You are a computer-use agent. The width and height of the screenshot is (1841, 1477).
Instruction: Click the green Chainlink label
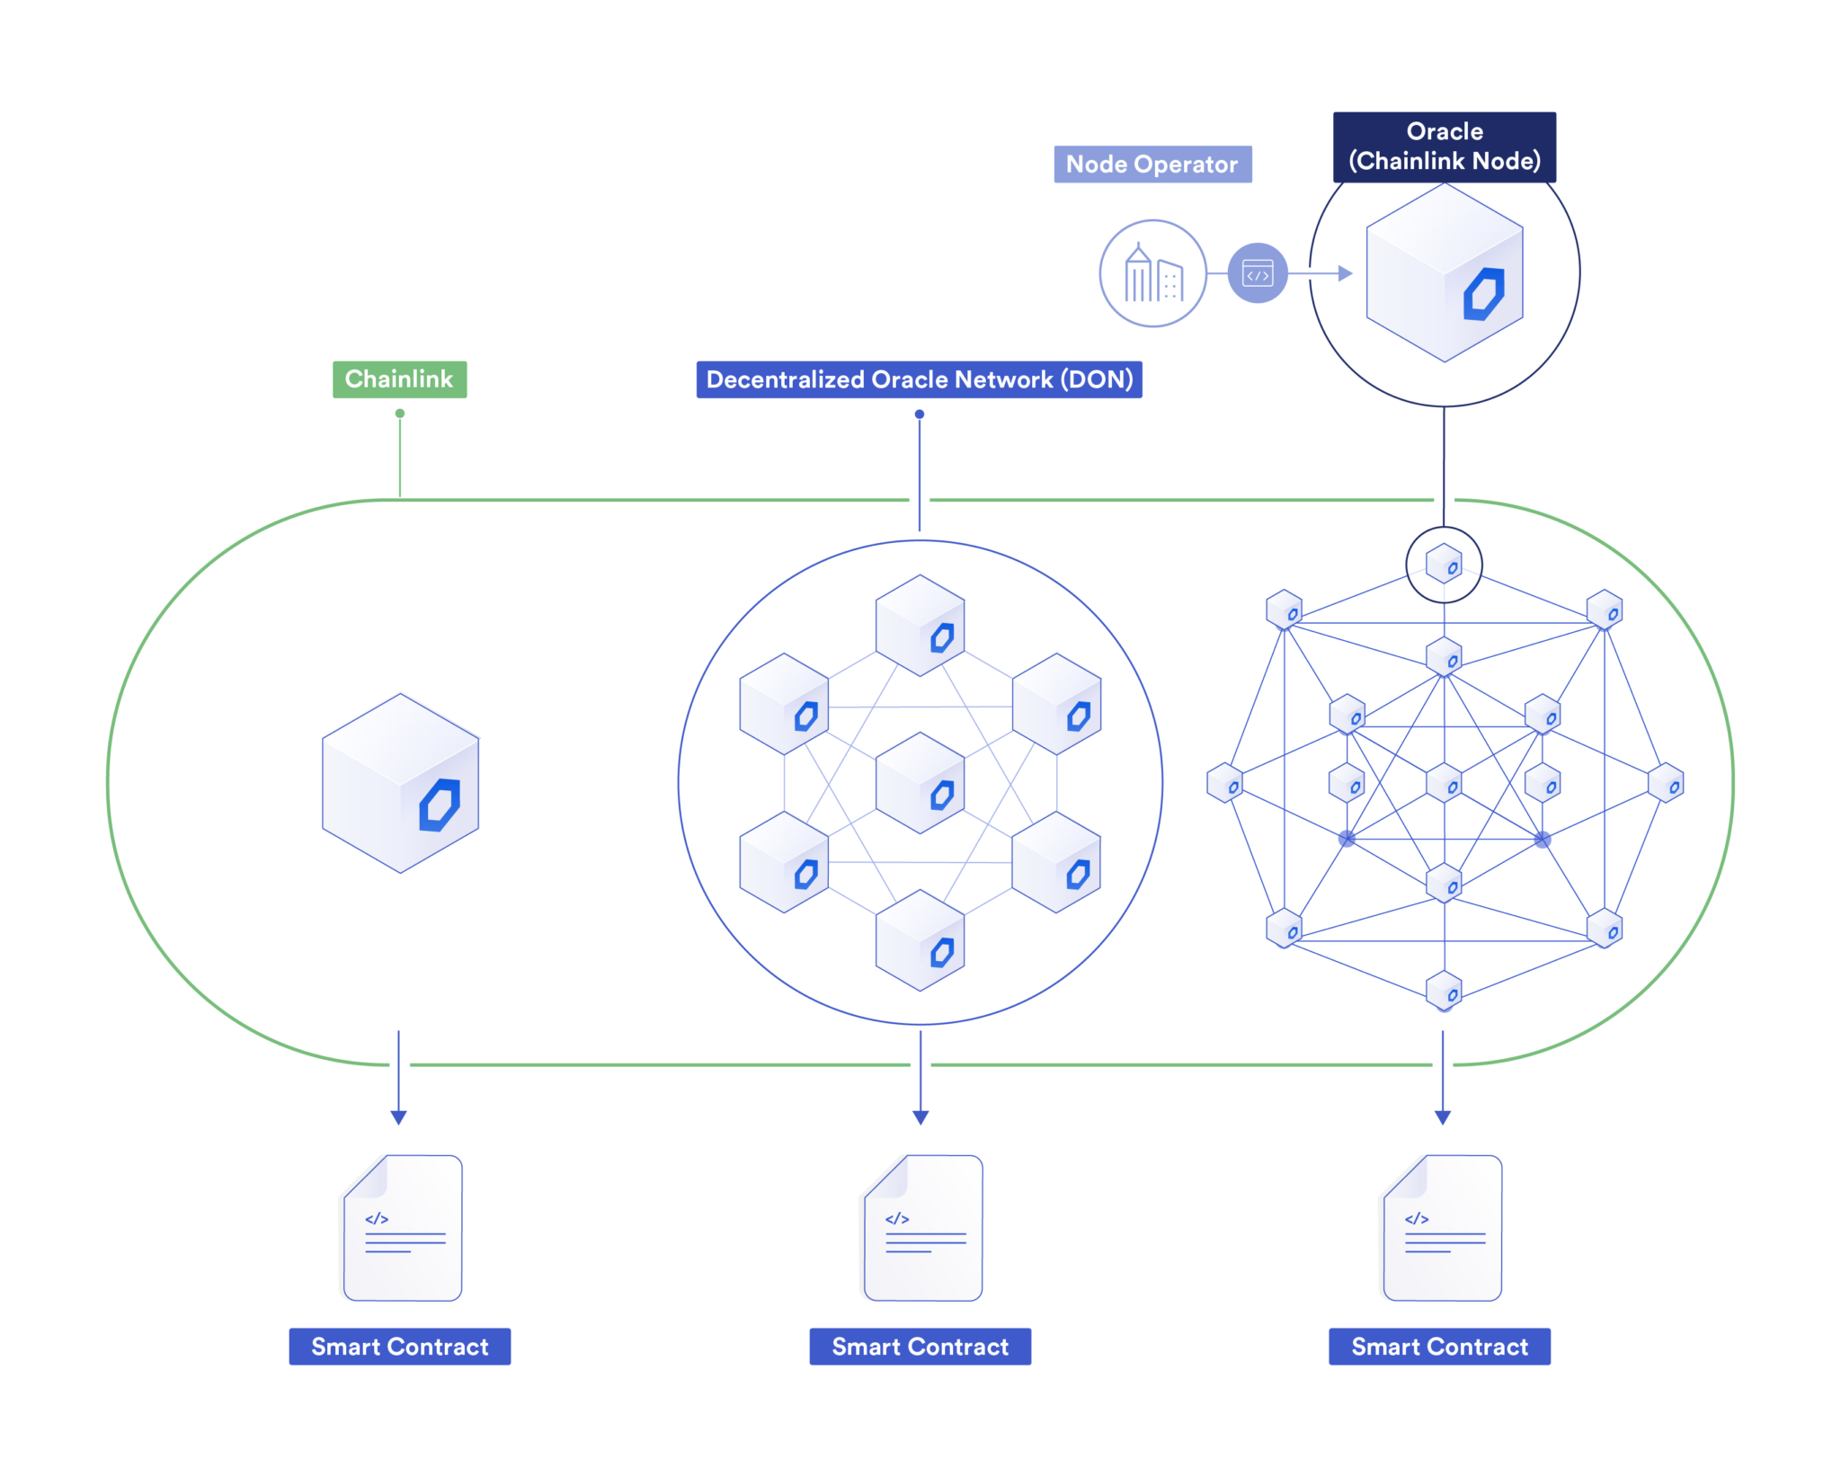[399, 379]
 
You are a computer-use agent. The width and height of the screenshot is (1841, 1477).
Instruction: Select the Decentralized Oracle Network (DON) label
[919, 379]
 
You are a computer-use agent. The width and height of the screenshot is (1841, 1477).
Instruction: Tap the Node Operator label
[1152, 165]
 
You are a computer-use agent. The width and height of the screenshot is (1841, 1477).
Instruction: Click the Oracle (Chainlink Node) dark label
[1444, 147]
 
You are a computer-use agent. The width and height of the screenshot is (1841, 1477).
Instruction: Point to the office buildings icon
[1152, 273]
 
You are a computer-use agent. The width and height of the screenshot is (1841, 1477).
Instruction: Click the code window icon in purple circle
[1257, 273]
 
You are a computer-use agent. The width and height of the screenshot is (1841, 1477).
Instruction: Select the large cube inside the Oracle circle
[1444, 272]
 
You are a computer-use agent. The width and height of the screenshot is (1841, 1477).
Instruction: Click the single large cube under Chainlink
[400, 783]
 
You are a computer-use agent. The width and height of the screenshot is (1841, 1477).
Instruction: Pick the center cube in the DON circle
[920, 783]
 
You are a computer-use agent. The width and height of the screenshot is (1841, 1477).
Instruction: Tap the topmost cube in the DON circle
[920, 626]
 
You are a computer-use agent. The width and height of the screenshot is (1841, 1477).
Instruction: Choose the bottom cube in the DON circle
[920, 940]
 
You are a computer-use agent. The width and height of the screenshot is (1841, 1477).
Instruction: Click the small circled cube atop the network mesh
[1444, 565]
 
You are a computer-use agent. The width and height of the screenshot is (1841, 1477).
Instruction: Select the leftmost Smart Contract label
[399, 1346]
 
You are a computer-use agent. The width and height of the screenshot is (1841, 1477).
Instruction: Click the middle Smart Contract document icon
[923, 1228]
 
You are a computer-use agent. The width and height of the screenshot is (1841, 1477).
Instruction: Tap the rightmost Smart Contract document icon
[1442, 1228]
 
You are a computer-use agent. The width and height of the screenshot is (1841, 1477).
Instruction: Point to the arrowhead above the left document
[399, 1117]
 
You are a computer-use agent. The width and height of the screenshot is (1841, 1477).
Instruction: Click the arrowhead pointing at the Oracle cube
[1345, 273]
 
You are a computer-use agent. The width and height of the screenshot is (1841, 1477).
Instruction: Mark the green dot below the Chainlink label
[400, 414]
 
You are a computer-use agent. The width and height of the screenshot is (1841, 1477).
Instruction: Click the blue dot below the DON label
[919, 414]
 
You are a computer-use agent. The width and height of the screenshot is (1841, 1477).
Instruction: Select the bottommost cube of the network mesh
[1444, 991]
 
